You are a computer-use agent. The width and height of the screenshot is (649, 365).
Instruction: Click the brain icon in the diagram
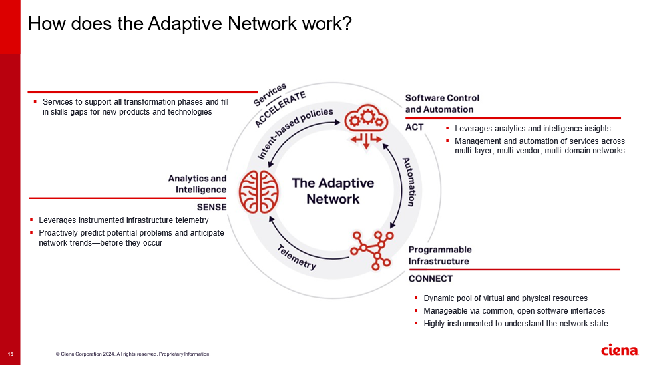pos(259,190)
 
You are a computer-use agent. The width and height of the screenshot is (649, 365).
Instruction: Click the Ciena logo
pos(618,350)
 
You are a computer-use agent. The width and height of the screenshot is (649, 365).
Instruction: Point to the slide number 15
pos(10,354)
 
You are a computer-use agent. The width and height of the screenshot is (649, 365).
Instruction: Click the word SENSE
pos(211,207)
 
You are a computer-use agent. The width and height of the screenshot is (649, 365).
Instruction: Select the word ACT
pos(415,127)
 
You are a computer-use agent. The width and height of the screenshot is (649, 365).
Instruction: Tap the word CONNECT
pos(430,278)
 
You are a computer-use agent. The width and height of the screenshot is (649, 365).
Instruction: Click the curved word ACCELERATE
pos(280,109)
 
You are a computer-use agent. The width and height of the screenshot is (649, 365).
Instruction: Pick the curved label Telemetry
pos(296,257)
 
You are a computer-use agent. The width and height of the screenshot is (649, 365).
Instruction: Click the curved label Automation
pos(411,182)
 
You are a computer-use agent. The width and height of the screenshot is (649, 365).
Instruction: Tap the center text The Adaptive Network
pos(333,191)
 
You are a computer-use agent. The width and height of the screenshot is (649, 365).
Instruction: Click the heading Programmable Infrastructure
pos(440,255)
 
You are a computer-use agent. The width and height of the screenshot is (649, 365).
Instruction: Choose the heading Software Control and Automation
pos(442,103)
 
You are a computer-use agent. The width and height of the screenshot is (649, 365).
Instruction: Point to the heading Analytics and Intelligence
pos(197,183)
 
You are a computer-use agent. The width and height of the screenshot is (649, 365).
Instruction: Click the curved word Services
pos(270,95)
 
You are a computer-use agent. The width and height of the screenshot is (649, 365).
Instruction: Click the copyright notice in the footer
pos(133,354)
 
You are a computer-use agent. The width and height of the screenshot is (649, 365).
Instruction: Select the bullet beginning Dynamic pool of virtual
pos(505,298)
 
